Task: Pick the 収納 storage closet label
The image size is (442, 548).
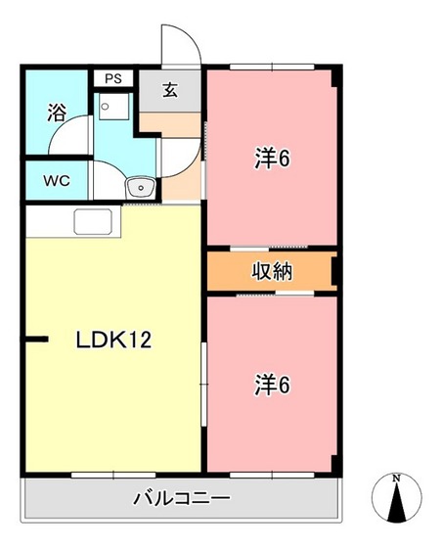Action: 271,270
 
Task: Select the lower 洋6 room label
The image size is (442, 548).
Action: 272,386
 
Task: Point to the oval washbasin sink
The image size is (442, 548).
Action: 140,186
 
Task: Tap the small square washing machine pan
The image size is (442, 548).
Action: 110,107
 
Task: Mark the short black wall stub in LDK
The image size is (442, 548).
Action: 36,341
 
